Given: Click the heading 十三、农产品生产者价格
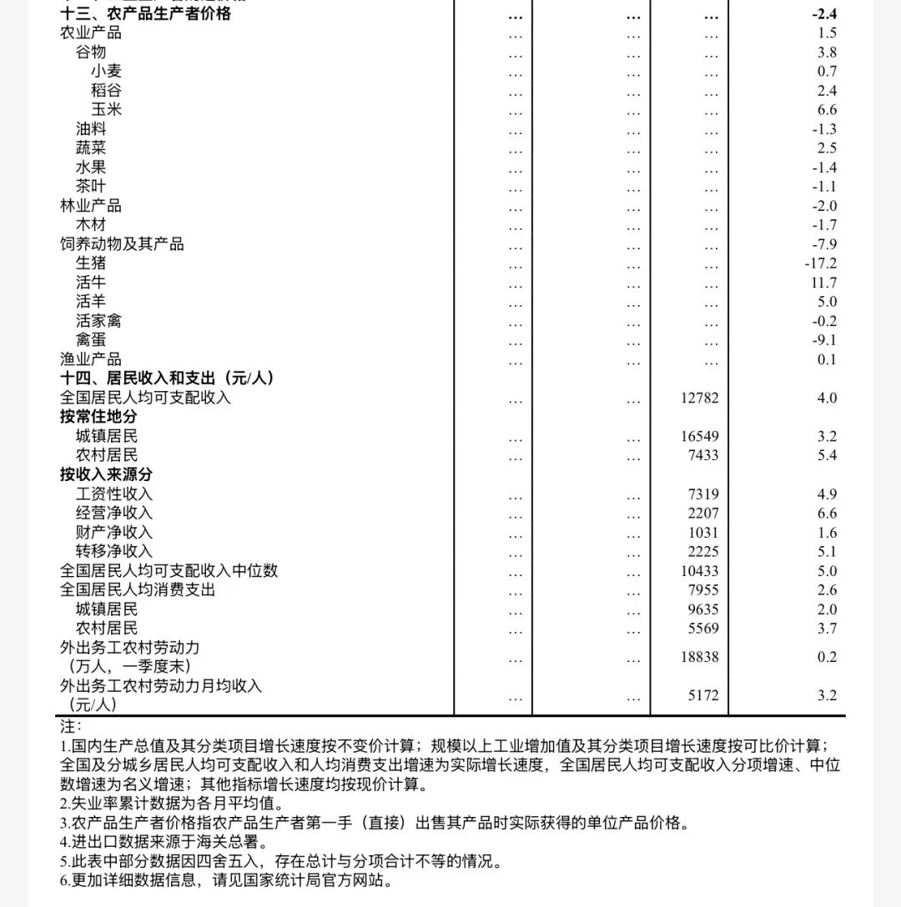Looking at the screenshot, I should [145, 13].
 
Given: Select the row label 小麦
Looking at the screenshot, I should [106, 71].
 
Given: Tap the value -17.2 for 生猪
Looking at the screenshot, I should [820, 263].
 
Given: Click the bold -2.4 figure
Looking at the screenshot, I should [823, 13].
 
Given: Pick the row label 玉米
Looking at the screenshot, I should [106, 109].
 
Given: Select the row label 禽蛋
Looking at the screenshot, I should [91, 340].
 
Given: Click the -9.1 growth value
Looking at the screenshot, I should [823, 340].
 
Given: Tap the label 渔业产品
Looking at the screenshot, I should [91, 359].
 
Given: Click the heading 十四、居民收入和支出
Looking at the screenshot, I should [167, 378].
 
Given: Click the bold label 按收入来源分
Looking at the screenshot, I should [106, 474].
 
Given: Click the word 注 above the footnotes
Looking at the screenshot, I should [70, 726].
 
